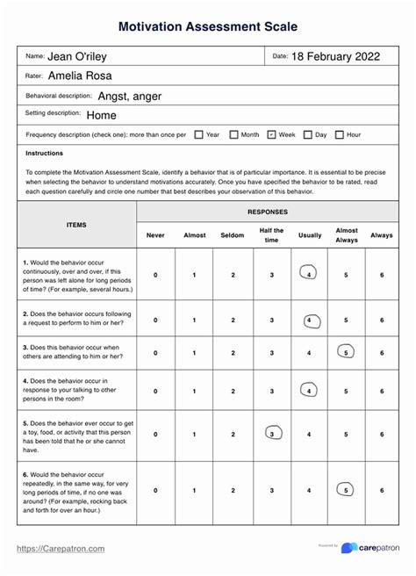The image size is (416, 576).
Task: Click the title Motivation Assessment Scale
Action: [208, 28]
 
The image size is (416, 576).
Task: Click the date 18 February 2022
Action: [335, 56]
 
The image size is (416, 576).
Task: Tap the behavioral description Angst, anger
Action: [129, 96]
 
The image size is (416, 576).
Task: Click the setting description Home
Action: [102, 115]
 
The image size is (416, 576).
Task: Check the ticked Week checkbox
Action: [271, 134]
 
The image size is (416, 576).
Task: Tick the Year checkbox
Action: [199, 134]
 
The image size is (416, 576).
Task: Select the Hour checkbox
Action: [340, 134]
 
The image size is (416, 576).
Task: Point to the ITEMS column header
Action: [77, 225]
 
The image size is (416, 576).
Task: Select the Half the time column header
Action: [271, 234]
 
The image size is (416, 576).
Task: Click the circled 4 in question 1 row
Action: [309, 274]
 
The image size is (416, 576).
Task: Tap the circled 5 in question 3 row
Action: [346, 353]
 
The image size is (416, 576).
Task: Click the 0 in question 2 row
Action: [156, 320]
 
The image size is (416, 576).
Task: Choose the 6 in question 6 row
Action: [382, 490]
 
